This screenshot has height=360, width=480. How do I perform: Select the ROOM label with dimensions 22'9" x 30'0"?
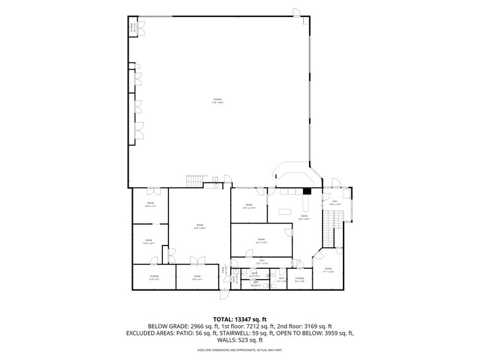click(200, 226)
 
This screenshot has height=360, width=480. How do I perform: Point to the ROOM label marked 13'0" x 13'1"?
click(150, 204)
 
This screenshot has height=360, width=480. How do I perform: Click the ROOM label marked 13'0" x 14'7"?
click(148, 241)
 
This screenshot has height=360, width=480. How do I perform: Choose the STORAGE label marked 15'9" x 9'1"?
click(154, 277)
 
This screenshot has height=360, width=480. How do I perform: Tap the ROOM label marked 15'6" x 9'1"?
click(197, 277)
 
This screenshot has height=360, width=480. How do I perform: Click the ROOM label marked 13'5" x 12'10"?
click(249, 206)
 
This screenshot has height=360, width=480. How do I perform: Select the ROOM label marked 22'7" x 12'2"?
click(261, 240)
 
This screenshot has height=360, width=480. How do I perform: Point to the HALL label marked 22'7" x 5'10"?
click(261, 261)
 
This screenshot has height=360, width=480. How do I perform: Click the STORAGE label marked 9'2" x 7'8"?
click(299, 279)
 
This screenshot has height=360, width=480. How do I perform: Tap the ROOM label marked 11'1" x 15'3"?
click(328, 270)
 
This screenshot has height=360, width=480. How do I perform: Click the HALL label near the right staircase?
click(335, 201)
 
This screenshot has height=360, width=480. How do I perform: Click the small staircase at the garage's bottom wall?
click(195, 181)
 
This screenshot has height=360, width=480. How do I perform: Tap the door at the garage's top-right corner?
click(296, 13)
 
